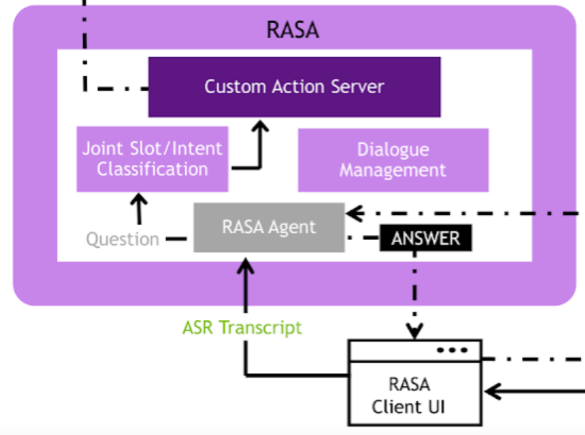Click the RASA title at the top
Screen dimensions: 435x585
coord(293,30)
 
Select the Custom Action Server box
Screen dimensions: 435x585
coord(294,87)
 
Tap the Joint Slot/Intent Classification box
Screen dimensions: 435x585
coord(152,159)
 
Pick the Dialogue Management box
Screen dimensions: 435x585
coord(393,160)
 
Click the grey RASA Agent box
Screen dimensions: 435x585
coord(269,227)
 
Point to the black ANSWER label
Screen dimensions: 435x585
coord(426,238)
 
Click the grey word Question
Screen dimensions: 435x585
coord(123,239)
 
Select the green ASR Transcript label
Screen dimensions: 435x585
coord(242,328)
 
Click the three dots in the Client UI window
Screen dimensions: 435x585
coord(452,350)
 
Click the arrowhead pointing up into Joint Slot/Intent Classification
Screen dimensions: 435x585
coord(140,199)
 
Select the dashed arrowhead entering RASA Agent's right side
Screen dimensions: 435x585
coord(353,214)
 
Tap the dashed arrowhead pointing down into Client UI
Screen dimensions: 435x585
coord(415,332)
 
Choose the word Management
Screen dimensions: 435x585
coord(393,170)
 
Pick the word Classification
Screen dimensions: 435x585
coord(152,169)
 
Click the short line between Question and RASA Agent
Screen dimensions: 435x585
coord(176,239)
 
